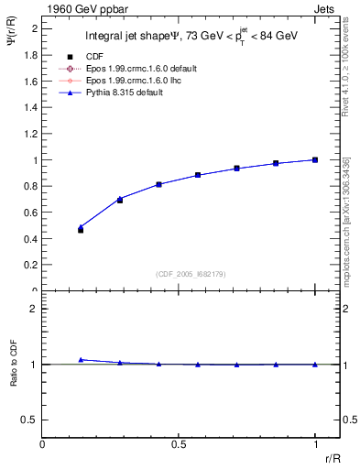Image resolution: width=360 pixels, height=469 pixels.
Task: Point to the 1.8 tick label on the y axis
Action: point(29,55)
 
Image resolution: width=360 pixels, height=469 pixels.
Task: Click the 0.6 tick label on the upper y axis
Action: point(29,213)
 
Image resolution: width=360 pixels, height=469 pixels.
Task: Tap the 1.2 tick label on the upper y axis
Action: point(29,134)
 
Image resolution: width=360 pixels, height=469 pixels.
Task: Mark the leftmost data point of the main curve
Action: point(81,229)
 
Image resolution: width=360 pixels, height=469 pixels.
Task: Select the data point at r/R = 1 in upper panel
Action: point(315,159)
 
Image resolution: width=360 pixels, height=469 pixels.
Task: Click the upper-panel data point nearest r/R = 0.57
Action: point(198,175)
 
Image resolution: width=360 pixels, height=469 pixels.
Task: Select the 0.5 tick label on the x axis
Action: point(178,444)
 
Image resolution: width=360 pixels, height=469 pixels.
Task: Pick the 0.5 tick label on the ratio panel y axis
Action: point(29,420)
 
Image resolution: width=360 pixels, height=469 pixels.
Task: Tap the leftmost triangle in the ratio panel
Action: point(81,360)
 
